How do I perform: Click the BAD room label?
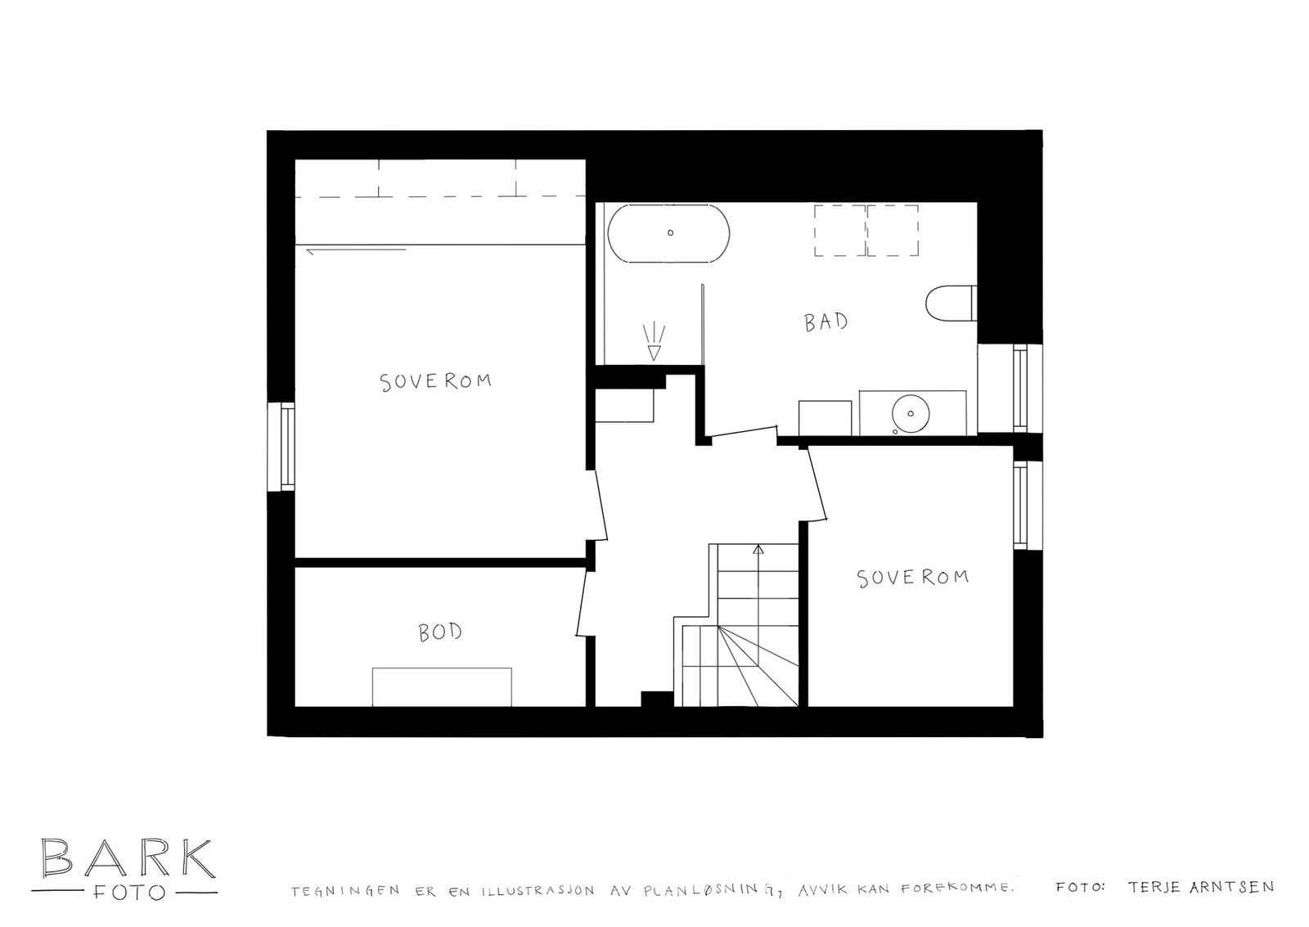coord(825,322)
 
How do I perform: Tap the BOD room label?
coord(440,632)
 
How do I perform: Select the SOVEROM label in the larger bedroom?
coord(436,382)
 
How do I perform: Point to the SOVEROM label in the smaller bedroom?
coord(912,578)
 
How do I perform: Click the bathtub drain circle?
coord(670,232)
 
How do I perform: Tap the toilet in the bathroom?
coord(951,303)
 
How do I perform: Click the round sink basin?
coord(911,413)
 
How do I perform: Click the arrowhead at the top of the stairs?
coord(758,549)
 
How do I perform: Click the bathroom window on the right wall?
coord(1019,388)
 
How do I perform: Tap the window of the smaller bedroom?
coord(1019,505)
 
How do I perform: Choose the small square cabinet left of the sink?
coord(825,418)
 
